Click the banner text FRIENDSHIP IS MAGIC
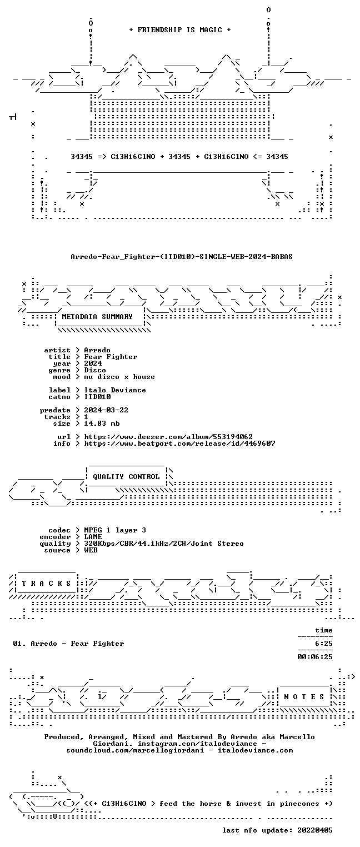[x=179, y=30]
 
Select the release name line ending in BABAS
[x=182, y=257]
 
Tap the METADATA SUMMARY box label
[x=97, y=316]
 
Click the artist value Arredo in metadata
[x=97, y=350]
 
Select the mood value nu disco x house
[x=119, y=377]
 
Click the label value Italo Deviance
[x=115, y=390]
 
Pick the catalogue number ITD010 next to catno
[x=97, y=397]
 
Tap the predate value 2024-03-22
[x=106, y=410]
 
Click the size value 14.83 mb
[x=102, y=423]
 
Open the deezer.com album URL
[x=168, y=437]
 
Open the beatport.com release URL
[x=179, y=444]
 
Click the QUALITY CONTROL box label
[x=126, y=477]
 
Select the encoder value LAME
[x=93, y=537]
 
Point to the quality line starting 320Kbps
[x=164, y=544]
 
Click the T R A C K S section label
[x=46, y=584]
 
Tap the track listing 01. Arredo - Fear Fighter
[x=68, y=644]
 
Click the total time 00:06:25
[x=315, y=657]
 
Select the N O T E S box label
[x=304, y=697]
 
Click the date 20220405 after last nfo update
[x=315, y=830]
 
